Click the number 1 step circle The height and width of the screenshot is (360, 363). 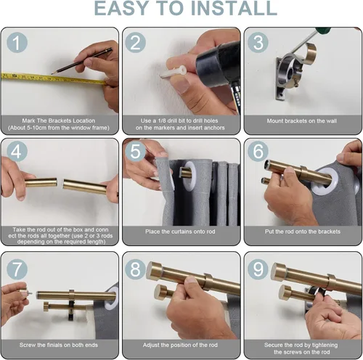tap(17, 43)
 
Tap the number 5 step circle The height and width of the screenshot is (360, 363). tap(136, 152)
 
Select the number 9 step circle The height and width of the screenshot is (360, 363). tap(258, 269)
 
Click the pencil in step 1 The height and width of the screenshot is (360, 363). tap(82, 61)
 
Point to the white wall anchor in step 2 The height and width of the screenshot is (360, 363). tap(173, 73)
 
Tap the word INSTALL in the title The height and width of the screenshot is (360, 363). tap(234, 8)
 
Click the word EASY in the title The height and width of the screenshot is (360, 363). tap(121, 8)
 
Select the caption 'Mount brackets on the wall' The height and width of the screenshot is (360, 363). tap(302, 120)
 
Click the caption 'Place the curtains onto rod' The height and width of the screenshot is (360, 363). tap(180, 232)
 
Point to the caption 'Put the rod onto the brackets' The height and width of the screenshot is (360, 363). tap(303, 232)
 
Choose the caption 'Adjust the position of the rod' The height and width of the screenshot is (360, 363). tap(180, 345)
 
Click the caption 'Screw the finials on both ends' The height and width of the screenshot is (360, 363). tap(59, 345)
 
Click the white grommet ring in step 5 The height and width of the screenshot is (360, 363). tap(190, 175)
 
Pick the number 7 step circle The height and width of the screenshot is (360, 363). tap(17, 269)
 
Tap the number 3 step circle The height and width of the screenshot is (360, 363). tap(258, 43)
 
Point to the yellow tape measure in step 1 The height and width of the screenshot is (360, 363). tap(54, 78)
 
